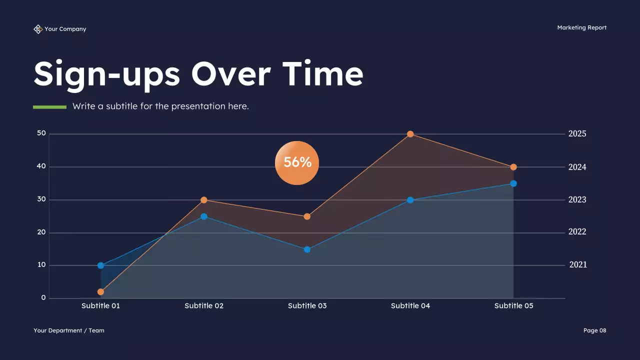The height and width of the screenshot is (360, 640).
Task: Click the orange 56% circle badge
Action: (297, 162)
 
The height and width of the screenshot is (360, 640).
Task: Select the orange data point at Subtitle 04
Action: (410, 134)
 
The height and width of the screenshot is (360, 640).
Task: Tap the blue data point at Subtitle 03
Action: (307, 249)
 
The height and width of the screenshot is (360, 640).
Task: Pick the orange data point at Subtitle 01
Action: (101, 292)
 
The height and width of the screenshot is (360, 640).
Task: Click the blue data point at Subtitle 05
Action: (513, 183)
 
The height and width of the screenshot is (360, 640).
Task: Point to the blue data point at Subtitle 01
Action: (101, 265)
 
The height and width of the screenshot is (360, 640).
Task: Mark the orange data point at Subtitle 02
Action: (204, 200)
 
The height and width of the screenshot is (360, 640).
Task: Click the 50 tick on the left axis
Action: (41, 133)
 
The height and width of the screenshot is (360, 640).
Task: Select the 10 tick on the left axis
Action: (41, 265)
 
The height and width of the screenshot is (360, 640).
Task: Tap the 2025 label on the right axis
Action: (577, 134)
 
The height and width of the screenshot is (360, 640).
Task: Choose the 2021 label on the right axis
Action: (578, 265)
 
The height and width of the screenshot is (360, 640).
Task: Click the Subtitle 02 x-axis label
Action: (204, 305)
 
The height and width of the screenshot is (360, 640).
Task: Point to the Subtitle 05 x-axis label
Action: (513, 305)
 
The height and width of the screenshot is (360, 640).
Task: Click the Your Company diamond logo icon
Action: (38, 29)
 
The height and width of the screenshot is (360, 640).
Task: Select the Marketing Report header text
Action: (581, 27)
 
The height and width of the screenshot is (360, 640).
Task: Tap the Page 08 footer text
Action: (594, 330)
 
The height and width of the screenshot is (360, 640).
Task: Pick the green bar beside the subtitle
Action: (49, 106)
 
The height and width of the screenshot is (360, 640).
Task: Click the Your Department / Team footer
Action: (69, 330)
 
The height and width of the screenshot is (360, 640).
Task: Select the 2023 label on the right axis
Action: (577, 199)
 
